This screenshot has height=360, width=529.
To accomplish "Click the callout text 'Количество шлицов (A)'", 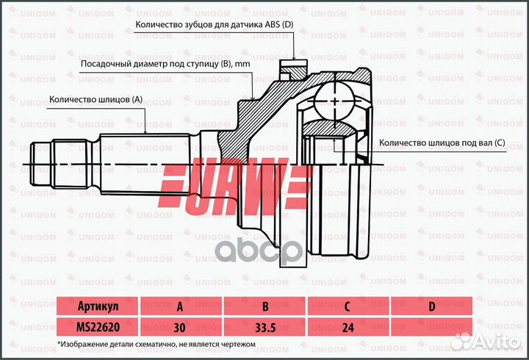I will [x=96, y=98].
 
